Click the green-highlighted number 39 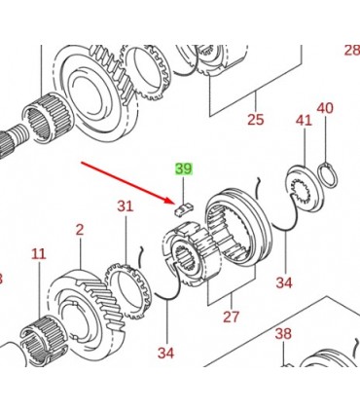click(184, 169)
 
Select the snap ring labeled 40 click(328, 174)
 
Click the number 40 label click(325, 108)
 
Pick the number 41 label click(304, 121)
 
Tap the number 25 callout click(256, 120)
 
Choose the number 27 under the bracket click(232, 317)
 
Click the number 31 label click(126, 206)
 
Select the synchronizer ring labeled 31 click(128, 291)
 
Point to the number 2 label click(80, 230)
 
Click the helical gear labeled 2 click(88, 308)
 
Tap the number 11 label click(39, 254)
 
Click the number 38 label click(283, 333)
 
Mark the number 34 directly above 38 click(284, 282)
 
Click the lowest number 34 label click(165, 353)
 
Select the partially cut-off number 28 click(352, 51)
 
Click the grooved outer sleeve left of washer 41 click(239, 227)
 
